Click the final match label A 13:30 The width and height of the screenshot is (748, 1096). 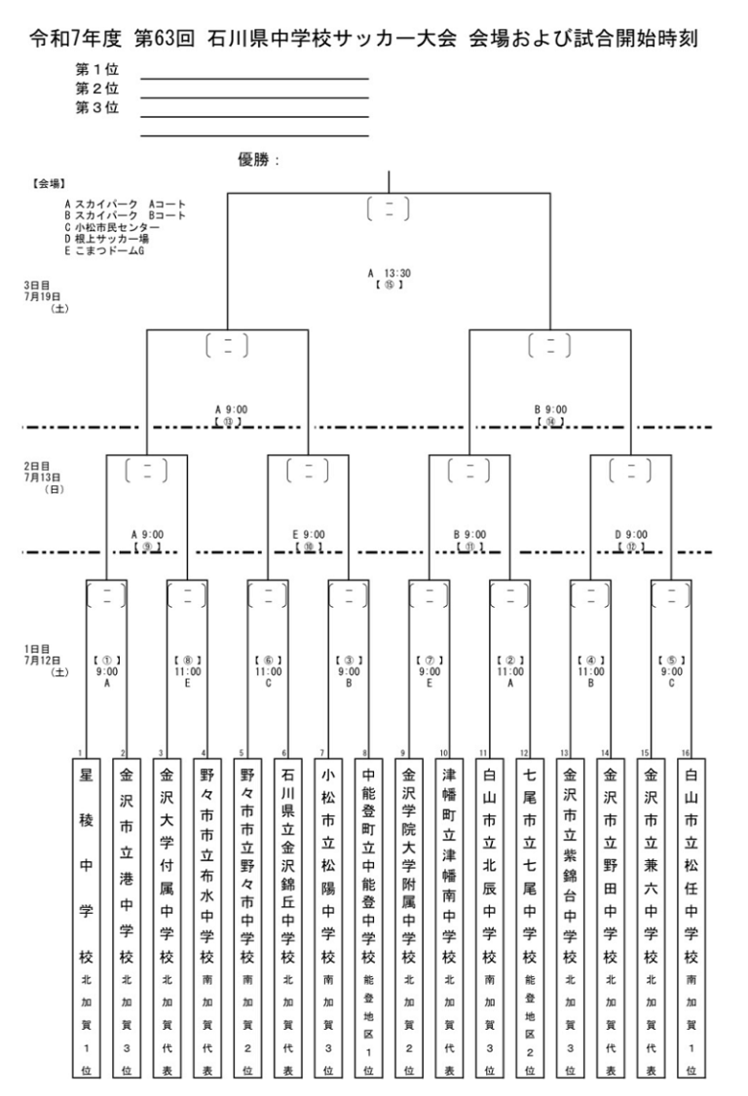tap(389, 274)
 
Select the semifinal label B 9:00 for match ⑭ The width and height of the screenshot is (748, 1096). tap(550, 410)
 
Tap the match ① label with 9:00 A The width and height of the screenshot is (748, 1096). tap(106, 671)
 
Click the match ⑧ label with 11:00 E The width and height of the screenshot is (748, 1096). tap(187, 671)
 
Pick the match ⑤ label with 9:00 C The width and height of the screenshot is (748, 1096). tap(671, 671)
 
